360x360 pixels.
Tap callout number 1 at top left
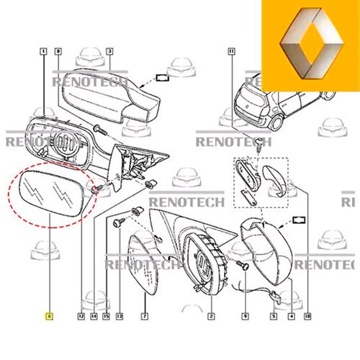tap(44, 51)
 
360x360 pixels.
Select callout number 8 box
tap(58, 51)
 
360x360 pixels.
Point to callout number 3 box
tap(109, 51)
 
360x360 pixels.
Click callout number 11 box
tap(231, 51)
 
